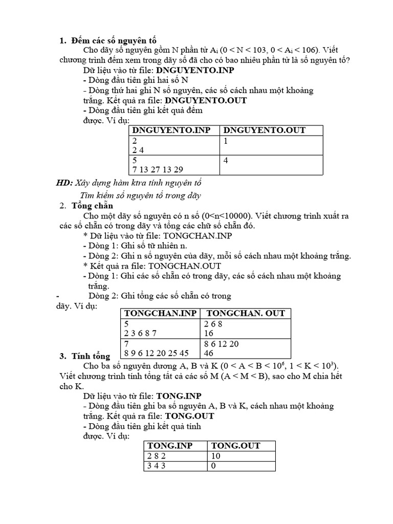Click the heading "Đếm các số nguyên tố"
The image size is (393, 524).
coord(114,40)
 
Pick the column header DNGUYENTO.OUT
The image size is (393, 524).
coord(265,130)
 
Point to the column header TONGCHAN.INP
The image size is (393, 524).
coord(160,313)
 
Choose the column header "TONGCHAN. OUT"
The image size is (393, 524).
coord(245,313)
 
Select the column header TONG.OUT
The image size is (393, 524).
coord(236,446)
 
